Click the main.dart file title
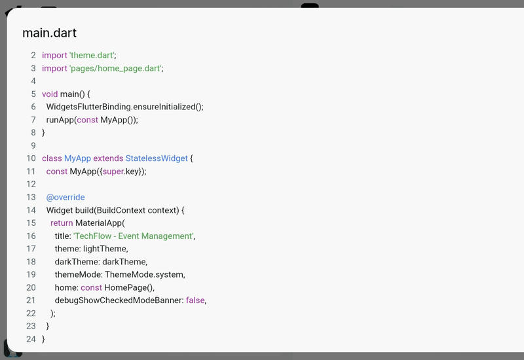pyautogui.click(x=50, y=33)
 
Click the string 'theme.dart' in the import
pyautogui.click(x=92, y=56)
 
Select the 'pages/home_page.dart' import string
pyautogui.click(x=115, y=68)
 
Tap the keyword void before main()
pyautogui.click(x=50, y=94)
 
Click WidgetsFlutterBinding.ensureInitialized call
pyautogui.click(x=124, y=107)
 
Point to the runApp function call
pyautogui.click(x=60, y=120)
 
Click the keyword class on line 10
pyautogui.click(x=52, y=158)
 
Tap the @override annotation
pyautogui.click(x=65, y=197)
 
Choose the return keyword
pyautogui.click(x=62, y=223)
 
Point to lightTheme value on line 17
pyautogui.click(x=105, y=249)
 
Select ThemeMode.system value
pyautogui.click(x=145, y=274)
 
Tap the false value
pyautogui.click(x=195, y=300)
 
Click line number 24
pyautogui.click(x=31, y=339)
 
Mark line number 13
pyautogui.click(x=31, y=197)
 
